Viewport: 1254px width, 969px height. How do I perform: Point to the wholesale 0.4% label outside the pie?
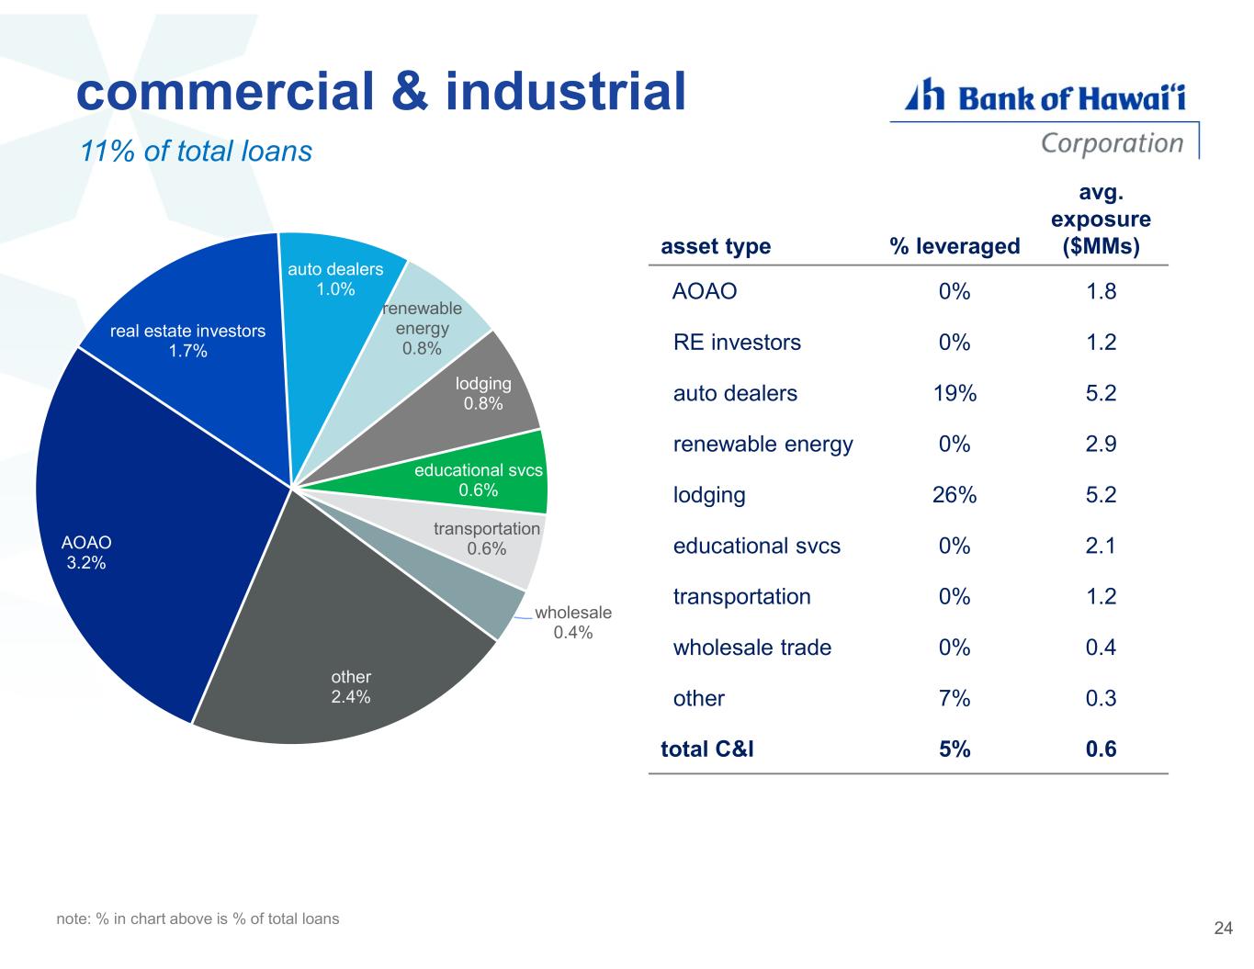[x=572, y=622]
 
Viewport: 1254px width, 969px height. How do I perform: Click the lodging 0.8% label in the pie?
[x=483, y=393]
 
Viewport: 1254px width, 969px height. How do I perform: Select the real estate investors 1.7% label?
[x=187, y=340]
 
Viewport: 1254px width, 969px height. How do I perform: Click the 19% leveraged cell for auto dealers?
[x=955, y=393]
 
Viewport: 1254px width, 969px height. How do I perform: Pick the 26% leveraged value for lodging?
[x=955, y=495]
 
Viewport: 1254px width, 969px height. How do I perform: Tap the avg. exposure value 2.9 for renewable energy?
[x=1100, y=445]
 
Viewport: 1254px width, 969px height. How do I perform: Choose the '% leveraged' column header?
[x=955, y=246]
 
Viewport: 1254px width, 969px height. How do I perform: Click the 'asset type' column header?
[x=716, y=246]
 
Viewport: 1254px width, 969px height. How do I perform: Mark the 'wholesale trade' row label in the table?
[x=751, y=648]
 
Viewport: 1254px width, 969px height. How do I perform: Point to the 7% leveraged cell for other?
[x=955, y=699]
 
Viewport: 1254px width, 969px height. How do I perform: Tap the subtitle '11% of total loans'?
[x=197, y=152]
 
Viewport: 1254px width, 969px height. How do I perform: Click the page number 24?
[x=1223, y=929]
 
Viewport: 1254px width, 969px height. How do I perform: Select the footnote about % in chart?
[x=198, y=918]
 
